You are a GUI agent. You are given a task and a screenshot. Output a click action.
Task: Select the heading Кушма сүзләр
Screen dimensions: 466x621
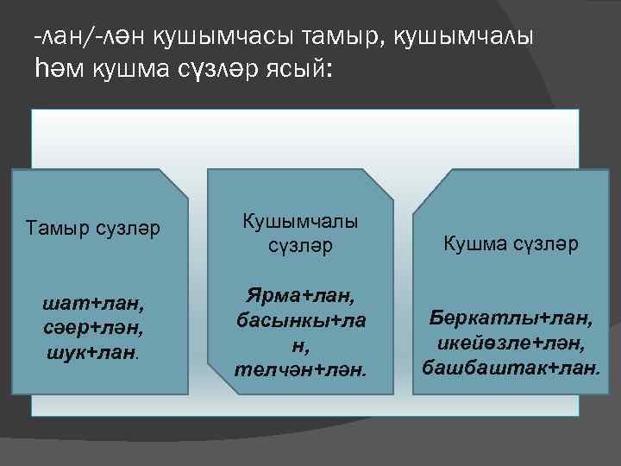point(511,244)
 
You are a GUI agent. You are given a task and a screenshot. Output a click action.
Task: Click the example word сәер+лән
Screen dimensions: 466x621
point(94,330)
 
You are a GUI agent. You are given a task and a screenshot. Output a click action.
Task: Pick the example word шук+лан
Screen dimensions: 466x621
point(92,352)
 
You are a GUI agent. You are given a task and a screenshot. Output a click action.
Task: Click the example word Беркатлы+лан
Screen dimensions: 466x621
point(511,319)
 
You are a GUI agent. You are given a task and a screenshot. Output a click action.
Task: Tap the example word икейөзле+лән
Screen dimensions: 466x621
point(511,343)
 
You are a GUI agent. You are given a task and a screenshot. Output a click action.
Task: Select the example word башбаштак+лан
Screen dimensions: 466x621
point(511,368)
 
